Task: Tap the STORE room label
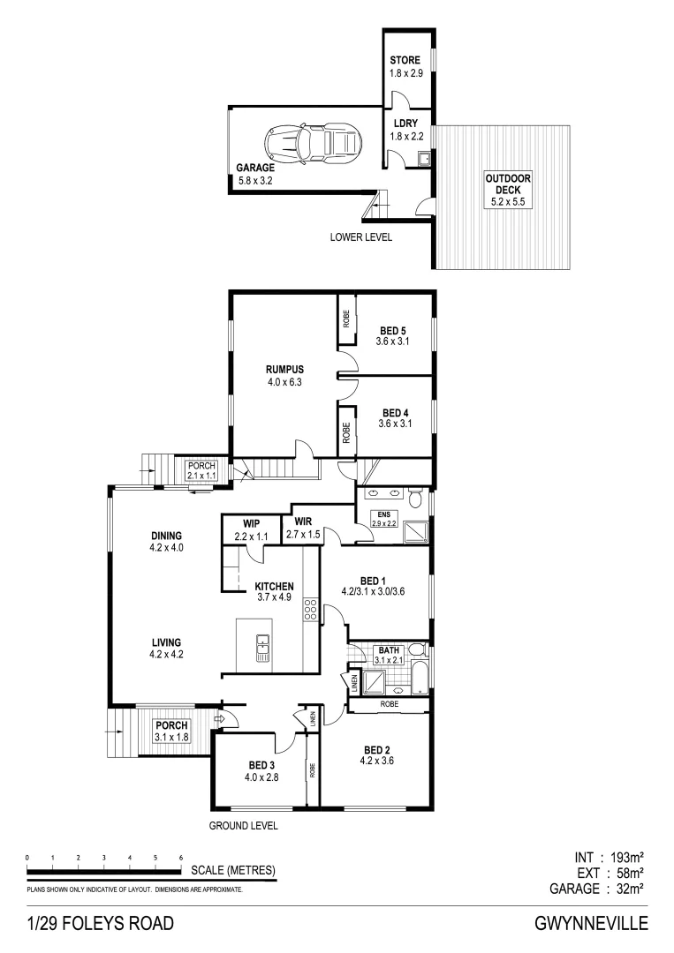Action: point(405,61)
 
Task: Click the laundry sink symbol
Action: point(424,159)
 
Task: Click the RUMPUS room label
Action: point(284,369)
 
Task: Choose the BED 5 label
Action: point(389,331)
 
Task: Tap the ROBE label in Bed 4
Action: point(346,432)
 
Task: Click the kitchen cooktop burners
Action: point(310,609)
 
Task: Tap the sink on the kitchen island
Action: point(262,648)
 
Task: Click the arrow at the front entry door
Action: point(221,720)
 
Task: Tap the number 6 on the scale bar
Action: point(180,858)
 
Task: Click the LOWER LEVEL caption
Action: point(360,236)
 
